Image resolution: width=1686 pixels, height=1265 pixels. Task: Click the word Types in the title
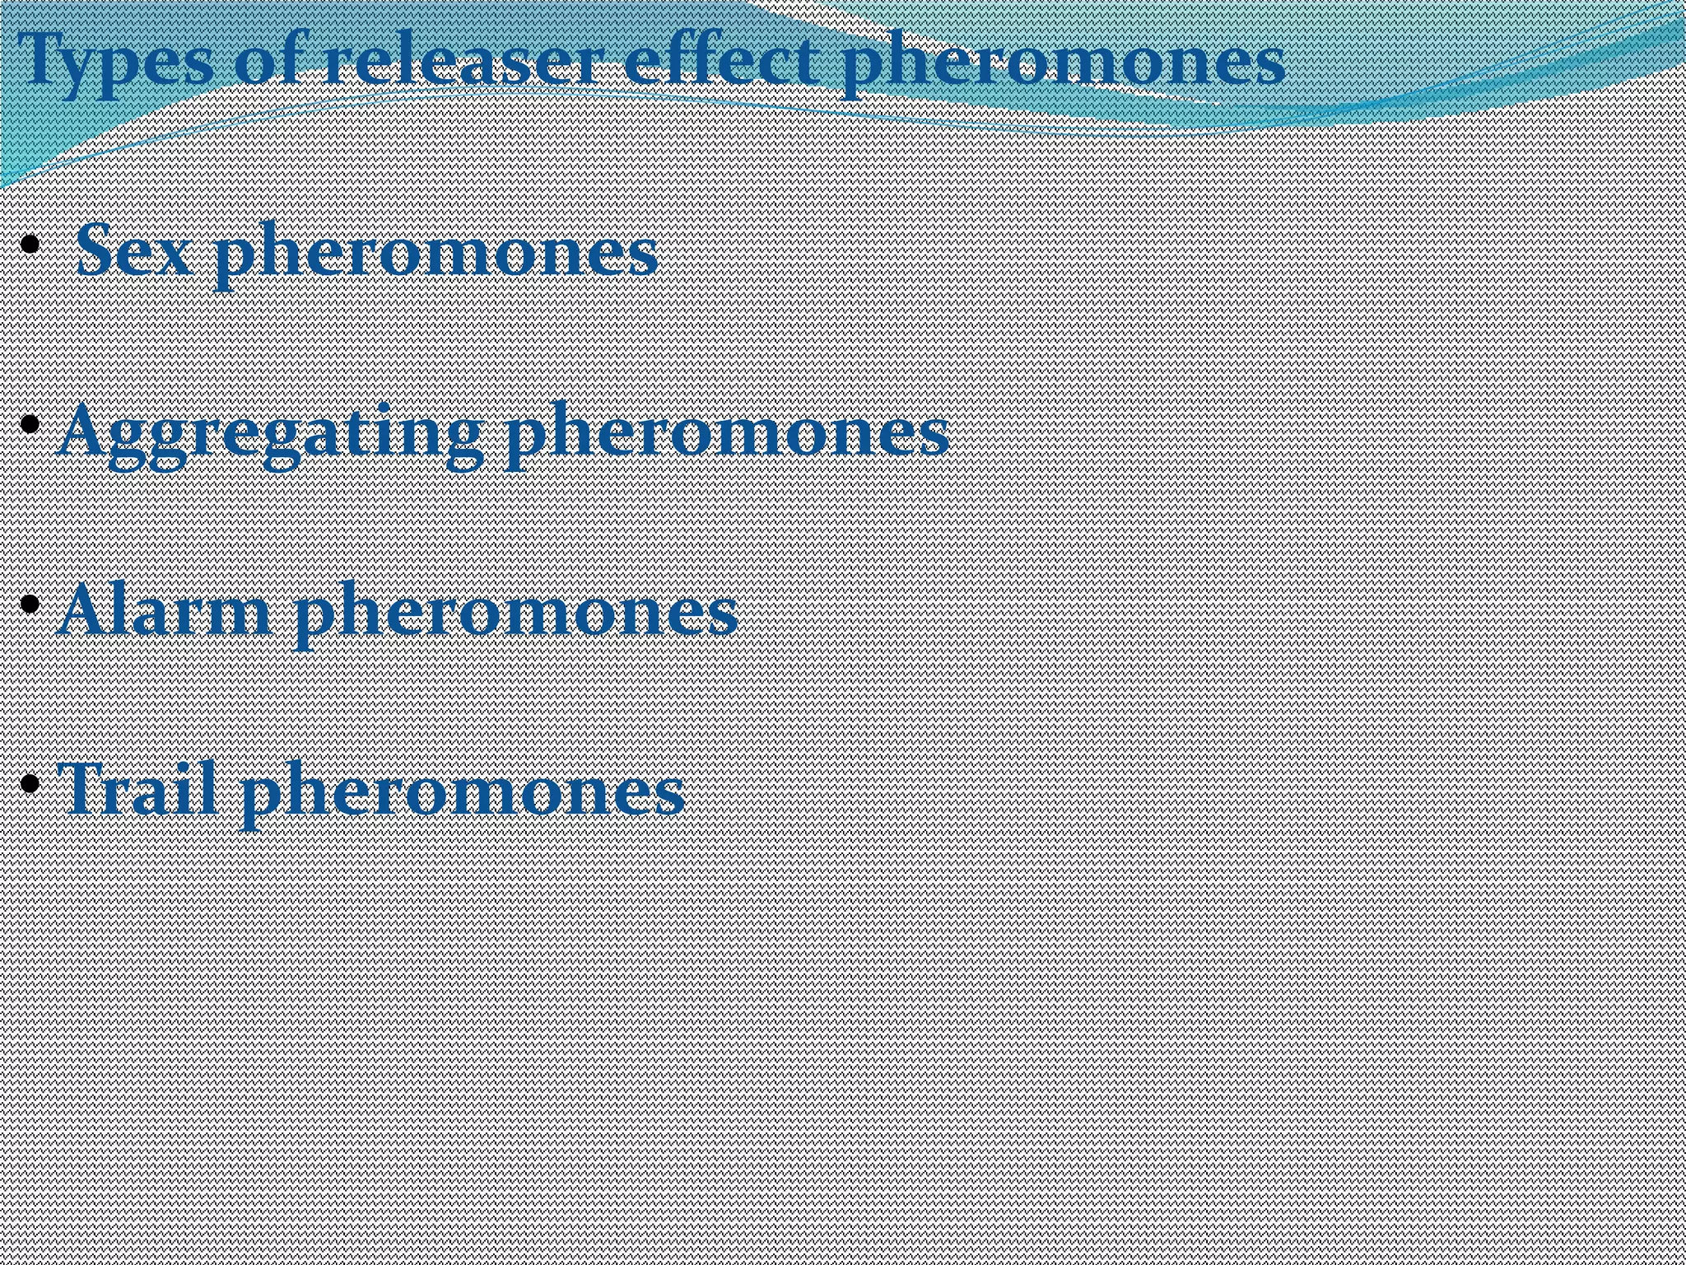[x=115, y=61]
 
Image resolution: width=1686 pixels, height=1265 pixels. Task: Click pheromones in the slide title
[x=1062, y=63]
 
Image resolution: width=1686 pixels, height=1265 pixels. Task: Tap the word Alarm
[x=165, y=611]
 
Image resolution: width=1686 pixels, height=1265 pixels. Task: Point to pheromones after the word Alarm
[x=515, y=614]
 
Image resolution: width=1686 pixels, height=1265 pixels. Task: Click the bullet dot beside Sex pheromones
[x=30, y=244]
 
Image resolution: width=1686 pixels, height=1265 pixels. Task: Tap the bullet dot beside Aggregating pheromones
[x=30, y=424]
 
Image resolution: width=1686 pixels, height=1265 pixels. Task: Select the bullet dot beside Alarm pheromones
[x=30, y=604]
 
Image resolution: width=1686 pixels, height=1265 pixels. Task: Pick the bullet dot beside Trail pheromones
[x=30, y=782]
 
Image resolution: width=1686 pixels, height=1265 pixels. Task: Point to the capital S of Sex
[x=95, y=250]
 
